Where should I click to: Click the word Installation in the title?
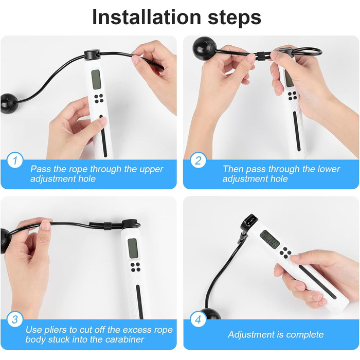click(147, 17)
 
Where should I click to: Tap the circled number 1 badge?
click(15, 160)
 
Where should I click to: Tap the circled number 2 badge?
click(198, 160)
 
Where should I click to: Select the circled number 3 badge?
click(15, 319)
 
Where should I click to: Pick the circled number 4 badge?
click(198, 319)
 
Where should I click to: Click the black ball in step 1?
click(9, 103)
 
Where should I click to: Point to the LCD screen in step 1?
click(96, 79)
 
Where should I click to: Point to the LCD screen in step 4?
click(270, 239)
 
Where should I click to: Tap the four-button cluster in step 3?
click(135, 267)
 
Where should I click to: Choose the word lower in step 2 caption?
click(329, 169)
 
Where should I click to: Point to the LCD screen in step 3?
click(133, 248)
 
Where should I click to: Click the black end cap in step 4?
click(248, 222)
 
